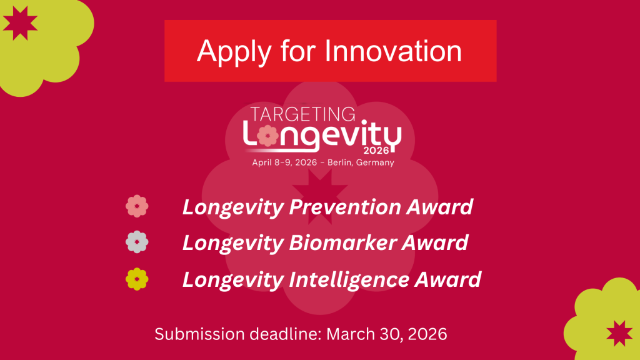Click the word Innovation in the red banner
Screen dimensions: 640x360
click(x=393, y=51)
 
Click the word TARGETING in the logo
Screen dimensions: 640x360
click(x=302, y=114)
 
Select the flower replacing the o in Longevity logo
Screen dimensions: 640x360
click(x=267, y=136)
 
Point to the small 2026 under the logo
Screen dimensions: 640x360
click(x=376, y=151)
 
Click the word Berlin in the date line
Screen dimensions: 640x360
click(x=339, y=162)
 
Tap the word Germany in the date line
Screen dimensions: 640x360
click(x=375, y=163)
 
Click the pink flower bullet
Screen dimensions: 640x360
click(x=137, y=206)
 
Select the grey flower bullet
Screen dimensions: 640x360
click(x=137, y=242)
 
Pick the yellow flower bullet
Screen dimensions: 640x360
click(x=137, y=279)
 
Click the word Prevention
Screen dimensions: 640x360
click(x=344, y=207)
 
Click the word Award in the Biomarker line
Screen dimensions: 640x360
click(x=435, y=243)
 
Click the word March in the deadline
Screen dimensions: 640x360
click(x=351, y=334)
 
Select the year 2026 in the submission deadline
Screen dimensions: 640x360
click(x=427, y=334)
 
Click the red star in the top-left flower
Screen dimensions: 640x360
click(x=20, y=23)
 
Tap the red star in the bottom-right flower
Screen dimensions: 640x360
click(x=619, y=333)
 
